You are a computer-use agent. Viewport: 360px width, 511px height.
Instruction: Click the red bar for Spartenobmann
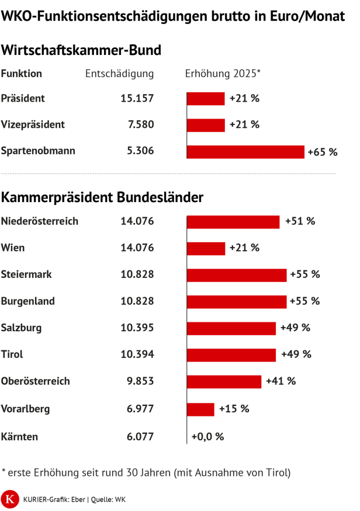[245, 152]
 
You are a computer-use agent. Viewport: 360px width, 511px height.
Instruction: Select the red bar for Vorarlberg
[200, 409]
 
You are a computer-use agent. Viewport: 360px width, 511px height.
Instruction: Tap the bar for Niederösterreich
[233, 222]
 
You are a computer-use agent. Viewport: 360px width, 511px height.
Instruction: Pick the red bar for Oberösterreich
[224, 381]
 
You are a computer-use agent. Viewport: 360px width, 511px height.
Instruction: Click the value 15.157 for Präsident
[137, 98]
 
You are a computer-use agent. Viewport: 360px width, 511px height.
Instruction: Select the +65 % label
[323, 152]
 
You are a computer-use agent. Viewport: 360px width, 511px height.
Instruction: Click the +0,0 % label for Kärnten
[207, 436]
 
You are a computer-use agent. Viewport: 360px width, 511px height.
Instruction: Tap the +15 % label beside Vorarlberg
[234, 409]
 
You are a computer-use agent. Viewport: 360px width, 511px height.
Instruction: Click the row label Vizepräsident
[33, 124]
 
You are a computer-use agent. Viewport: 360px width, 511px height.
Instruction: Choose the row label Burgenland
[28, 301]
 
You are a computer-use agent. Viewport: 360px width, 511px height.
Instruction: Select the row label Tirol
[12, 354]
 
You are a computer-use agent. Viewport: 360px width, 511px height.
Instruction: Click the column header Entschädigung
[119, 74]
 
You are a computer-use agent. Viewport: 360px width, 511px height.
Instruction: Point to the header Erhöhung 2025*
[223, 74]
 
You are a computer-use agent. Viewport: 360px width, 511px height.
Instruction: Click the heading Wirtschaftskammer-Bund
[81, 50]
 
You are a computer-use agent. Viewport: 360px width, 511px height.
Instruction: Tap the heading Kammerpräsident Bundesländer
[102, 197]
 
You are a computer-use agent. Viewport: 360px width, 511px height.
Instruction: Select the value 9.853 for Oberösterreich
[139, 381]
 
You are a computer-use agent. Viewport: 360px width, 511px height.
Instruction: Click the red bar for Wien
[206, 248]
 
